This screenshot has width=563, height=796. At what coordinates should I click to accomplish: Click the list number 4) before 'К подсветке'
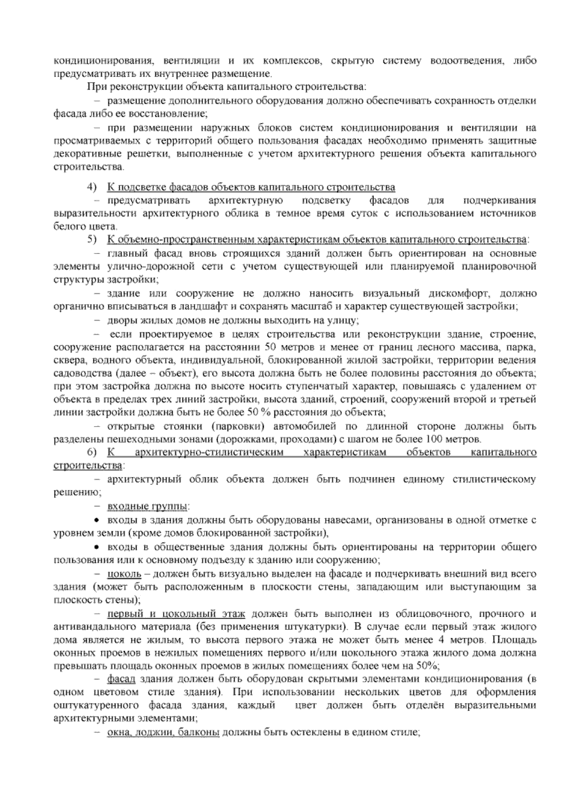[x=91, y=187]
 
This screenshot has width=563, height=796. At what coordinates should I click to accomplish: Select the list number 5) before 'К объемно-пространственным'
[x=91, y=240]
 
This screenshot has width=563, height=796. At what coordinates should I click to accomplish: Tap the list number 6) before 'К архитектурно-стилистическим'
[x=91, y=452]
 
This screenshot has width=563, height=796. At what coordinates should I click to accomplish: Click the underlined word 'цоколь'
[x=124, y=574]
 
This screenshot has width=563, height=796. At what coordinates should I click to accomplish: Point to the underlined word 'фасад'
[x=121, y=679]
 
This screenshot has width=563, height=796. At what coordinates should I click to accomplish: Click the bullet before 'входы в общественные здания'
[x=97, y=547]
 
